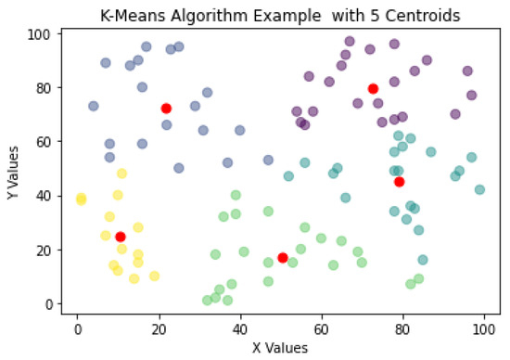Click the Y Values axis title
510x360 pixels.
click(x=11, y=168)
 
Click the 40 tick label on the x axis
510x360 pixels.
click(x=239, y=328)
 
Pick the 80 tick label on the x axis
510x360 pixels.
click(x=402, y=328)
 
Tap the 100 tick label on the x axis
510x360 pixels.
click(x=483, y=328)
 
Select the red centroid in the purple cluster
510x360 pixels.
click(x=373, y=88)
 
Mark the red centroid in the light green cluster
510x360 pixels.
click(x=283, y=257)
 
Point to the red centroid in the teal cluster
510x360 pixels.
click(x=400, y=182)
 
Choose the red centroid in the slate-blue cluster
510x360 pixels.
click(x=166, y=109)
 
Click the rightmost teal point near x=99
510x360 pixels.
click(x=479, y=189)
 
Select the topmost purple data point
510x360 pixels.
click(x=350, y=41)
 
